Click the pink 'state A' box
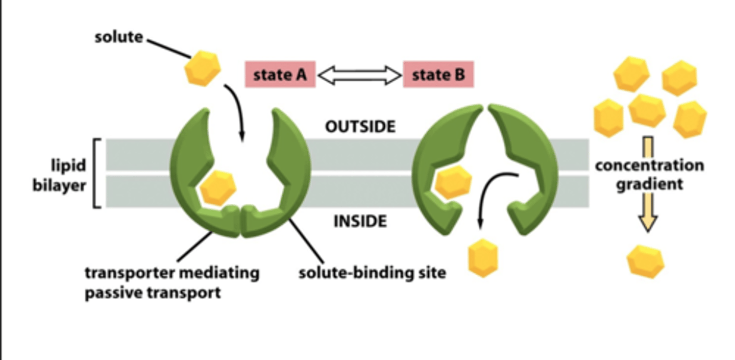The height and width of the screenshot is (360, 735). coord(280,75)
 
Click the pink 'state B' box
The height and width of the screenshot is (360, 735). coord(438,75)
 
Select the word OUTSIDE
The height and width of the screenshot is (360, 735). coord(360,127)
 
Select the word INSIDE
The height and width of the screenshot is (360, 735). coord(360,221)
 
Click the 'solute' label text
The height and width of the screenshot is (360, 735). coord(119,37)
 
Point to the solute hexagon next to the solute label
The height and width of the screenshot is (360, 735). coord(202,68)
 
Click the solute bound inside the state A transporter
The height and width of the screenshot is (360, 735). coord(218,187)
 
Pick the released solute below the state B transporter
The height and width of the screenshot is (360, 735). coord(483,259)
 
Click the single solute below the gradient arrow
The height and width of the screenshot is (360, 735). coord(646,262)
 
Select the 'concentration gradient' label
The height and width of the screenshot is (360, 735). coord(649,175)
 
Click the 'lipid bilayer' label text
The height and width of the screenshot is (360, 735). coord(60,175)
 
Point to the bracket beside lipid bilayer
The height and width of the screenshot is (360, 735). coord(96,173)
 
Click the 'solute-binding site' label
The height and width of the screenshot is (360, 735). coord(372,273)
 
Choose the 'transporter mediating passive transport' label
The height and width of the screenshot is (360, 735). coord(171,282)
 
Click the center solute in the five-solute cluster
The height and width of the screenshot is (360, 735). coord(647,110)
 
